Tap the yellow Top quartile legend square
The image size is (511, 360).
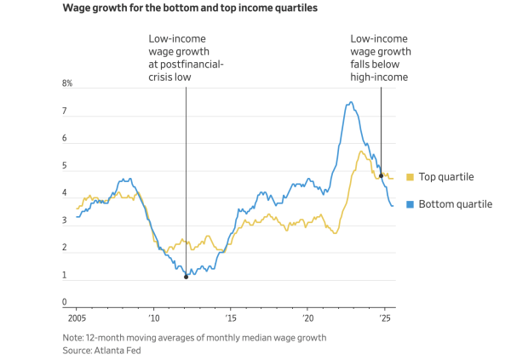[x=409, y=177]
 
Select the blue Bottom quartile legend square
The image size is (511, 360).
[x=409, y=204]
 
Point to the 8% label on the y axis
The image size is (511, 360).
[x=67, y=83]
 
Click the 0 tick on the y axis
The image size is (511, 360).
[x=64, y=302]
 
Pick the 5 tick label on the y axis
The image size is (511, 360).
[x=64, y=166]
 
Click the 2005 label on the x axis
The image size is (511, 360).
[x=77, y=318]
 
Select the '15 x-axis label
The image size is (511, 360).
[x=231, y=318]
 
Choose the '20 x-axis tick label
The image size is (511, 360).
[x=308, y=318]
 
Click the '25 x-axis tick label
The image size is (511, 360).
[x=385, y=318]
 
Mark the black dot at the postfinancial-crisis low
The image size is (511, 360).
[x=186, y=277]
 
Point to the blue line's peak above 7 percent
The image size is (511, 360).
[x=350, y=103]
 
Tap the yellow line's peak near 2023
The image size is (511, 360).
[x=361, y=152]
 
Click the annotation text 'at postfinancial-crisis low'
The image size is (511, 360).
[x=186, y=64]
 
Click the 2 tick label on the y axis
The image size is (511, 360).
[x=64, y=248]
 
